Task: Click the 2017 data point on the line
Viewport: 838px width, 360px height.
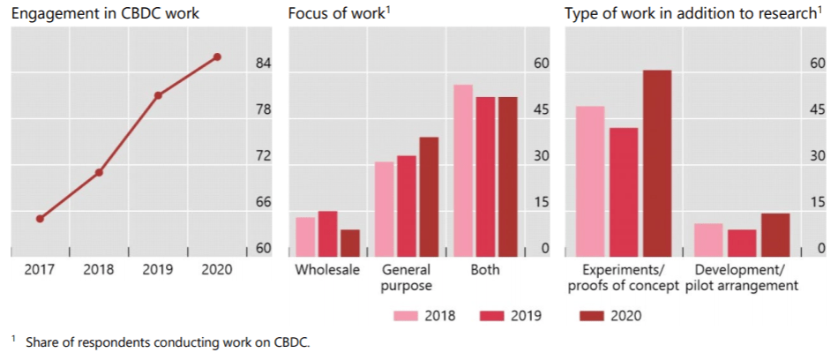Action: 40,219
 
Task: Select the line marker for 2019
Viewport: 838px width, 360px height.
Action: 158,95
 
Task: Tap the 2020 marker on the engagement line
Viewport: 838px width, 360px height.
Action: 217,57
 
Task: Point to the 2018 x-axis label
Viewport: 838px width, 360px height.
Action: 99,270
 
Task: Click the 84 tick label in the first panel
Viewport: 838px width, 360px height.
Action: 264,64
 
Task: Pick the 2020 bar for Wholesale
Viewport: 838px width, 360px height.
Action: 350,243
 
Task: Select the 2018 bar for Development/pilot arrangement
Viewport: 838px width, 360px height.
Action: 708,239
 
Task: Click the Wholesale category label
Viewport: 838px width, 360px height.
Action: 327,270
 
